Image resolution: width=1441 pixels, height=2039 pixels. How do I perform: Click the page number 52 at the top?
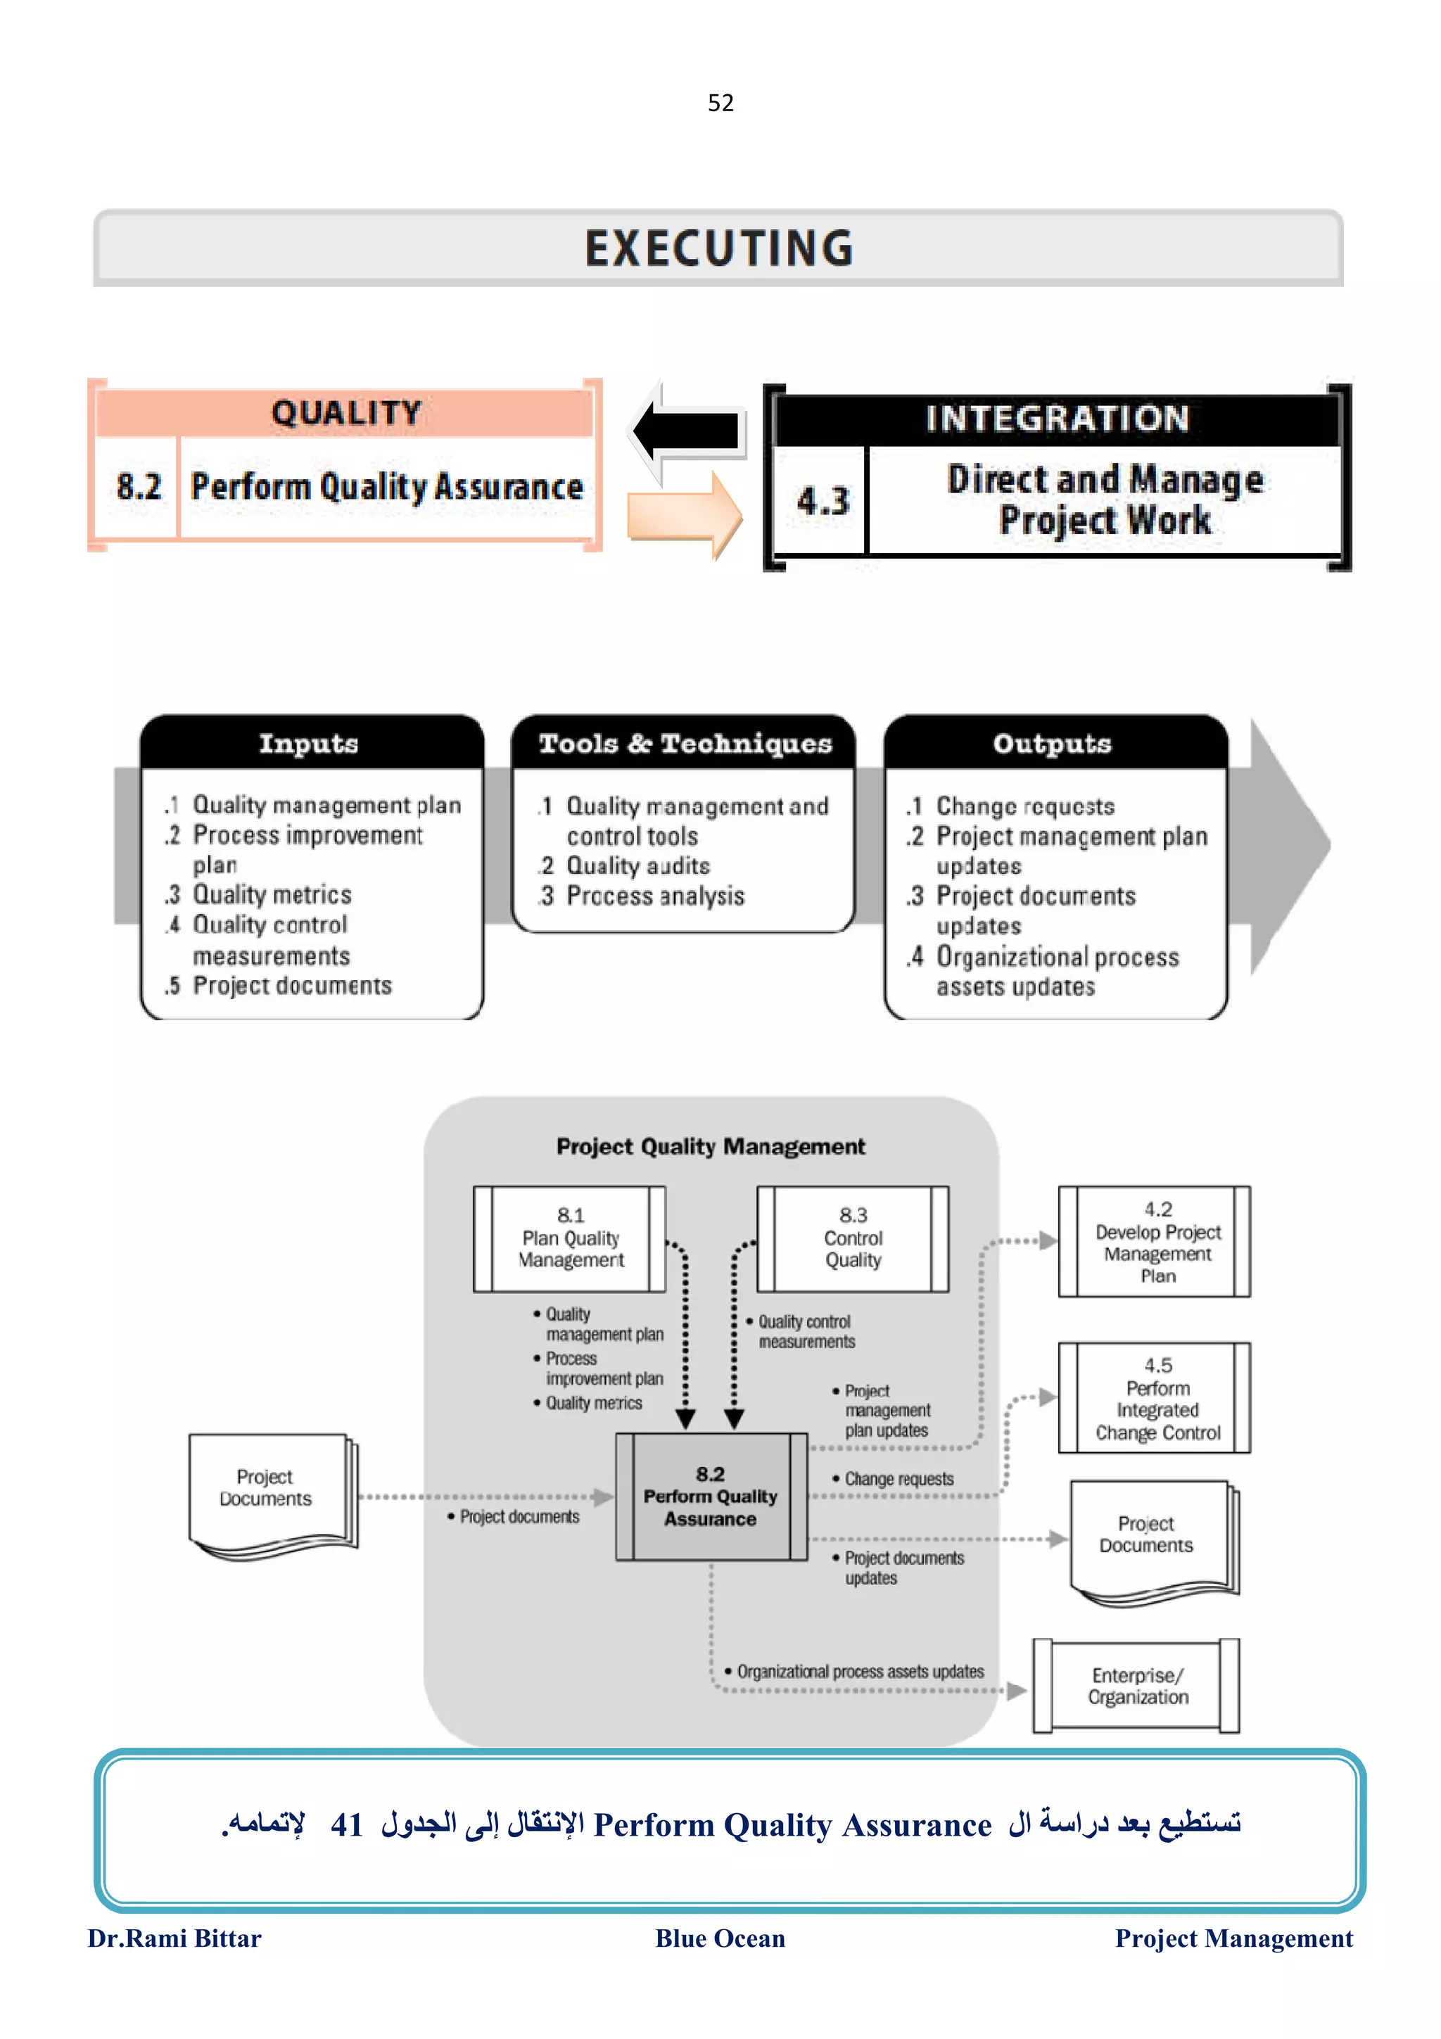(x=720, y=103)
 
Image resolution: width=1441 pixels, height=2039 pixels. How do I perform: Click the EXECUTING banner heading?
(x=719, y=248)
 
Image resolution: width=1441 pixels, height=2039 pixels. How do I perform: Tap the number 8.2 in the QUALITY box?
(x=139, y=487)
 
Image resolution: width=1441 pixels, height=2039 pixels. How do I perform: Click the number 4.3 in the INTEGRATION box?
(x=822, y=501)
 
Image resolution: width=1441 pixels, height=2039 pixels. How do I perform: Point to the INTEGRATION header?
(x=1057, y=418)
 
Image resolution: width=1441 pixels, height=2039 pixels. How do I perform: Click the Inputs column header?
(x=309, y=743)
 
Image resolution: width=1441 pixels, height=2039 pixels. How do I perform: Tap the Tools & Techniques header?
(x=685, y=743)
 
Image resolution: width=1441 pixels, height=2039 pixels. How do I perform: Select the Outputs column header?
(x=1052, y=743)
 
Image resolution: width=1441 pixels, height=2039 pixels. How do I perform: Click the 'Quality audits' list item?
(x=637, y=866)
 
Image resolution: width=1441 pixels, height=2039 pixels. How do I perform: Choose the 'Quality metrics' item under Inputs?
(x=272, y=894)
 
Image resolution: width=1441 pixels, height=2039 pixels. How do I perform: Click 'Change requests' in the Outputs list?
(x=1024, y=806)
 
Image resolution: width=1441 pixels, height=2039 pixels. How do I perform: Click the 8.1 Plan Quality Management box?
(x=570, y=1238)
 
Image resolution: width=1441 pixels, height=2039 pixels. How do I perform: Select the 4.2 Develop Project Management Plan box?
(x=1156, y=1242)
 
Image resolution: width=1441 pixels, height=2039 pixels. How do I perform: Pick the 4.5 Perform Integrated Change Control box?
(x=1156, y=1398)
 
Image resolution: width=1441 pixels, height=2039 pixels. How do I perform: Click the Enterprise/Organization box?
(x=1137, y=1686)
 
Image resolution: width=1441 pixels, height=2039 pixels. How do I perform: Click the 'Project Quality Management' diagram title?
(x=710, y=1146)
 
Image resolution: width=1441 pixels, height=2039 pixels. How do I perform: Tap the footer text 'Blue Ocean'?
(x=720, y=1938)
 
